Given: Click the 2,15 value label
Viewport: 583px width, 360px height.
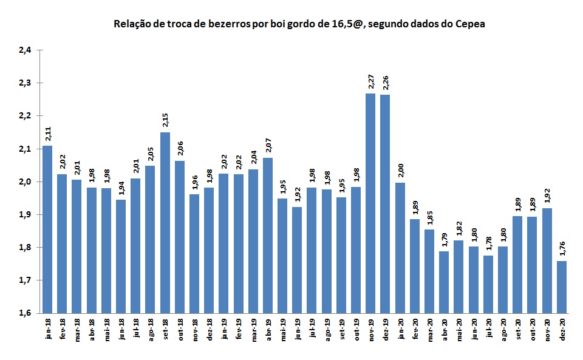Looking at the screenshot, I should pos(165,121).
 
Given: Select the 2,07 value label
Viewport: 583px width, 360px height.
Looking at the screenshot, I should pos(268,146).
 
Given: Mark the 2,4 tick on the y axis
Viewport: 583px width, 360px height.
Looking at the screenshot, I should pos(25,50).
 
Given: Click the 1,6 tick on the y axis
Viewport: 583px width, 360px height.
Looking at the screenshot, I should pos(25,313).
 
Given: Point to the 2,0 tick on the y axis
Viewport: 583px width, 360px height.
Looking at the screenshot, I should pos(25,182).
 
